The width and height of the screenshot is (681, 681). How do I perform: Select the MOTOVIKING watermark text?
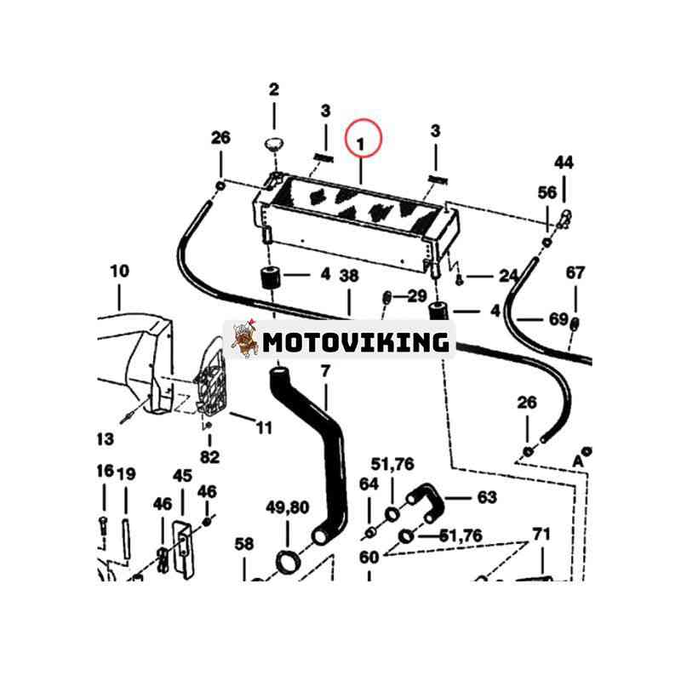pos(356,342)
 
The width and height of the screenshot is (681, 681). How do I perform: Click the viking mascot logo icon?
pos(245,340)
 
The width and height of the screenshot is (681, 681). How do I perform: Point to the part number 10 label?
pos(119,272)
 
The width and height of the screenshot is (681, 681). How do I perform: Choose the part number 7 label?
pos(324,371)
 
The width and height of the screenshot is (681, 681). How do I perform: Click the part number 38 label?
pos(348,275)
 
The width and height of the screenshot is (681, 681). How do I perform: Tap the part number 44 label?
pos(564,163)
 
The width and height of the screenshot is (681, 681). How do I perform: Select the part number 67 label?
pos(575,273)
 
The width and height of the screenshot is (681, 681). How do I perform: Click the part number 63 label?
pos(486,497)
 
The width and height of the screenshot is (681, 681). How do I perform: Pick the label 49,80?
pos(286,509)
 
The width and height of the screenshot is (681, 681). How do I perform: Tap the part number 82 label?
pos(209,457)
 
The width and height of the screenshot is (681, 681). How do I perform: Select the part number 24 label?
pos(509,276)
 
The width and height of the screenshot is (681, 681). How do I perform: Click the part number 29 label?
pos(416,295)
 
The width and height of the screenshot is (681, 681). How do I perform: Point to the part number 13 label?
pos(104,439)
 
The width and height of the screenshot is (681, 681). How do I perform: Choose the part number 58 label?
pos(244,543)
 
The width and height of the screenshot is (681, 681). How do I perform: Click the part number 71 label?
pos(541,534)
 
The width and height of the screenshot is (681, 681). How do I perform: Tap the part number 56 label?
pos(547,193)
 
